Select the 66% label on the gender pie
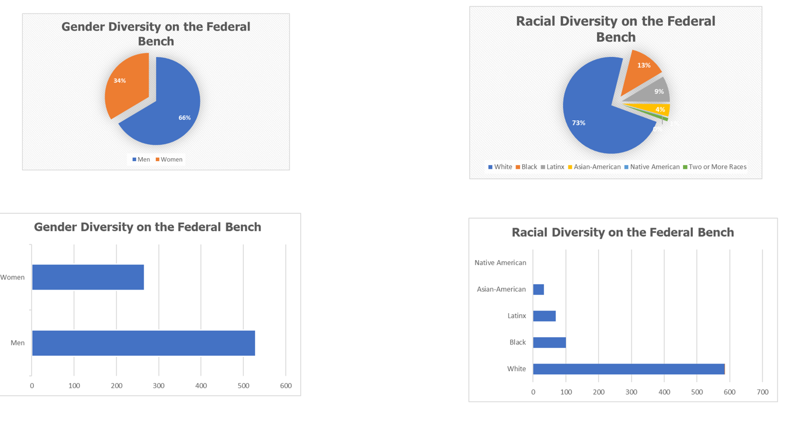(x=184, y=118)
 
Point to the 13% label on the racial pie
(x=644, y=65)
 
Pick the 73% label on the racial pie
(x=579, y=123)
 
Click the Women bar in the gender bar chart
(x=88, y=277)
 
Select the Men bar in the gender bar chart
(x=143, y=343)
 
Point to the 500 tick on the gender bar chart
(x=243, y=386)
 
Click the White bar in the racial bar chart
(x=628, y=369)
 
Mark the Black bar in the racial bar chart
(x=549, y=342)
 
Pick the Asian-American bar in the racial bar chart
(x=538, y=290)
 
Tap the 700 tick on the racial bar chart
(x=762, y=392)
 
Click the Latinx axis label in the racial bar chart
(x=517, y=316)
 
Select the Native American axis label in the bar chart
(x=500, y=262)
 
